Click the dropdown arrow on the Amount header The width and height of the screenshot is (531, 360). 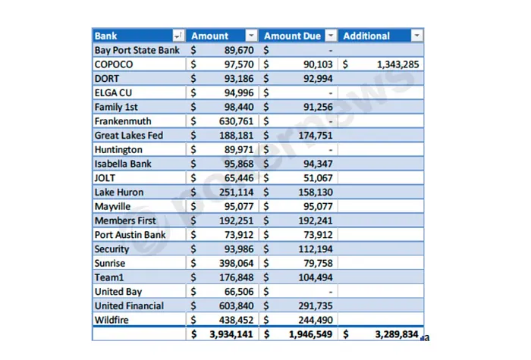pos(251,36)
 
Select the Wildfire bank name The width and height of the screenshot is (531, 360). pos(112,320)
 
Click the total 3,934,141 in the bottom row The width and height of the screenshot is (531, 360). pos(229,334)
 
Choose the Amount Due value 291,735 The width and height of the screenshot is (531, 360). pos(314,305)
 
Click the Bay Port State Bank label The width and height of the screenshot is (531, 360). pos(137,50)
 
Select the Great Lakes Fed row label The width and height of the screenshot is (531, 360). pos(128,136)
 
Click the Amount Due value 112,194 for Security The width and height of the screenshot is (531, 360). pos(314,249)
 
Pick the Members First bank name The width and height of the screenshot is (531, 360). pos(125,221)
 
